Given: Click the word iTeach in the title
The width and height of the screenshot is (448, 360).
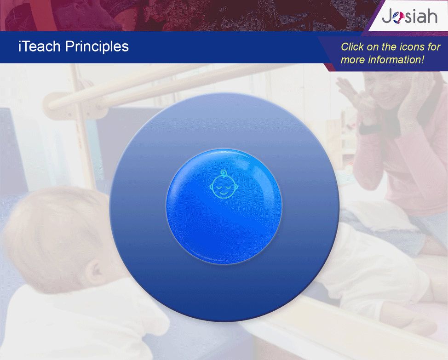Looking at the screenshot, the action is [x=40, y=46].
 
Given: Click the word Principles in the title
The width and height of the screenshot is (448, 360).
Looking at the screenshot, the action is [x=97, y=47].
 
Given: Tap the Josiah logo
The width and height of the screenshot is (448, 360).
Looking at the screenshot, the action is [x=409, y=16].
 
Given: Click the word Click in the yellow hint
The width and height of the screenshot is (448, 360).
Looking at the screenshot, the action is [x=352, y=47].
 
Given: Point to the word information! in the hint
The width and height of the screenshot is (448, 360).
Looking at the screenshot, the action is [x=396, y=60].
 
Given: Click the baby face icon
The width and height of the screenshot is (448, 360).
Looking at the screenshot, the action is [x=224, y=184].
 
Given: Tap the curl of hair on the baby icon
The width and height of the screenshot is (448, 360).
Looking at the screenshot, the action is [x=224, y=173].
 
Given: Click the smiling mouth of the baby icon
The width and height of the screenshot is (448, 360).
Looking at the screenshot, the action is [x=224, y=194].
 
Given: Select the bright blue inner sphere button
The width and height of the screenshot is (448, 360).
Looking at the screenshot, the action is [x=224, y=206].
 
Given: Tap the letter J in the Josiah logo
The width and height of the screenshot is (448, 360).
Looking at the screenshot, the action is [x=387, y=17].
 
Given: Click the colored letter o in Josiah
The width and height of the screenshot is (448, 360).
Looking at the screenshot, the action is [x=398, y=17].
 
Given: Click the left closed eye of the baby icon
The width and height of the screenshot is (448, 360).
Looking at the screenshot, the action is [x=219, y=187].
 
